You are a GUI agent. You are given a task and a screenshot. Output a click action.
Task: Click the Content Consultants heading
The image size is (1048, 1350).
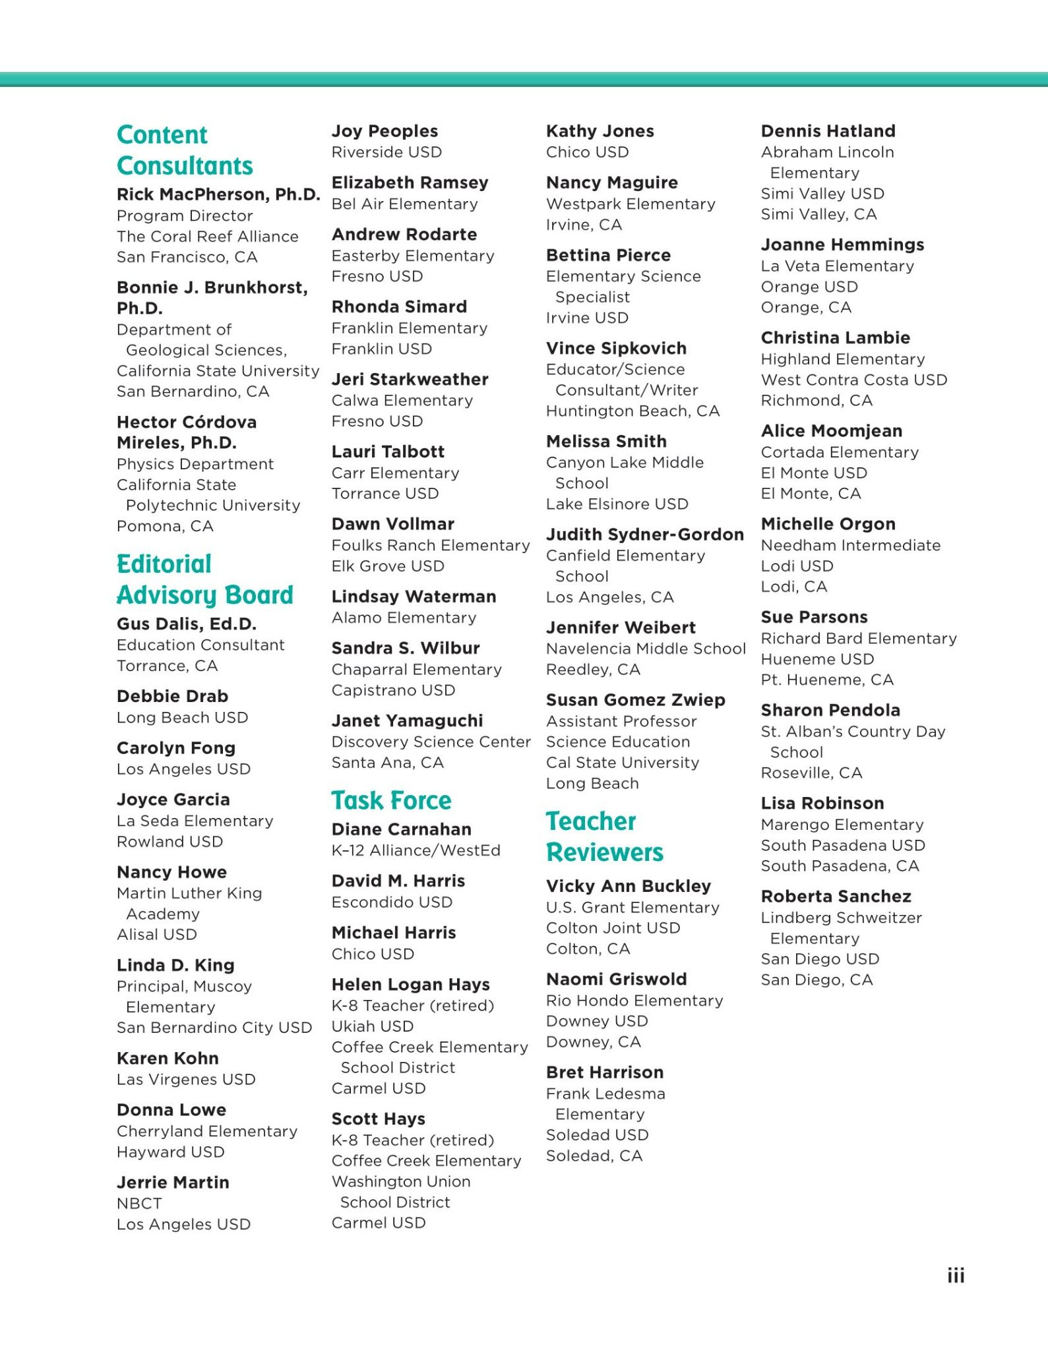click(185, 150)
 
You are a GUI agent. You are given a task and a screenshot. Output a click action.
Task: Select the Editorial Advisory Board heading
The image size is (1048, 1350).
click(204, 579)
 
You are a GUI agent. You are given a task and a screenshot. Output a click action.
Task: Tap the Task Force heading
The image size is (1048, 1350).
click(391, 800)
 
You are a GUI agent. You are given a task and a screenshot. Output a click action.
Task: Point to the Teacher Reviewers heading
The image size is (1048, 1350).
click(605, 836)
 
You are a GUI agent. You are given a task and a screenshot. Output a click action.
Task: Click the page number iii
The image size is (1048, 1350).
click(956, 1276)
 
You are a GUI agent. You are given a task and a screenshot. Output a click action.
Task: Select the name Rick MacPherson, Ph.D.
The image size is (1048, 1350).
click(218, 194)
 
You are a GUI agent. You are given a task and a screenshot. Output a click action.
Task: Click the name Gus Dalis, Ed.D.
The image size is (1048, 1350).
click(187, 624)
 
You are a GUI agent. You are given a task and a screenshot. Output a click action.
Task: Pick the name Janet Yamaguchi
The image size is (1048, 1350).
click(407, 720)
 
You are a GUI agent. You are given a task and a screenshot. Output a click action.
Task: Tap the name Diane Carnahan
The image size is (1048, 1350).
click(401, 829)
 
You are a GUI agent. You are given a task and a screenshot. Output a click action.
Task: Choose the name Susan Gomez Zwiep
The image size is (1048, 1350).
click(635, 700)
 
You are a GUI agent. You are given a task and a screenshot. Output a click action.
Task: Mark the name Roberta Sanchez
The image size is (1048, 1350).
click(836, 896)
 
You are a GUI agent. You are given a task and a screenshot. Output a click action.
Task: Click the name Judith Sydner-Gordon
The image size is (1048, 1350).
click(644, 535)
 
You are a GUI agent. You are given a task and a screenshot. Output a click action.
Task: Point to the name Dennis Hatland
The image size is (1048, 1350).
click(828, 131)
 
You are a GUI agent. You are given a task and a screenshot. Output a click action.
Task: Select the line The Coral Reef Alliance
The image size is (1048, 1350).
click(207, 237)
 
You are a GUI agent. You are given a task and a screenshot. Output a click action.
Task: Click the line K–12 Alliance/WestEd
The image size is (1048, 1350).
click(416, 850)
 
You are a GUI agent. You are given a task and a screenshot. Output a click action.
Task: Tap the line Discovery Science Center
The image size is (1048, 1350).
click(431, 742)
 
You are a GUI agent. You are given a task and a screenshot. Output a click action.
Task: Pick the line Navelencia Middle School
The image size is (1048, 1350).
click(646, 649)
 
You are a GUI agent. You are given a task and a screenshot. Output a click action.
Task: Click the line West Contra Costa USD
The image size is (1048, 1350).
click(853, 380)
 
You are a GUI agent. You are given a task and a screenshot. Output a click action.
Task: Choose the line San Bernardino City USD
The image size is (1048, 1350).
click(214, 1028)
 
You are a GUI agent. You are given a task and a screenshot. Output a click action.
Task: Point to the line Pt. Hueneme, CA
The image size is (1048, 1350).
click(827, 680)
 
